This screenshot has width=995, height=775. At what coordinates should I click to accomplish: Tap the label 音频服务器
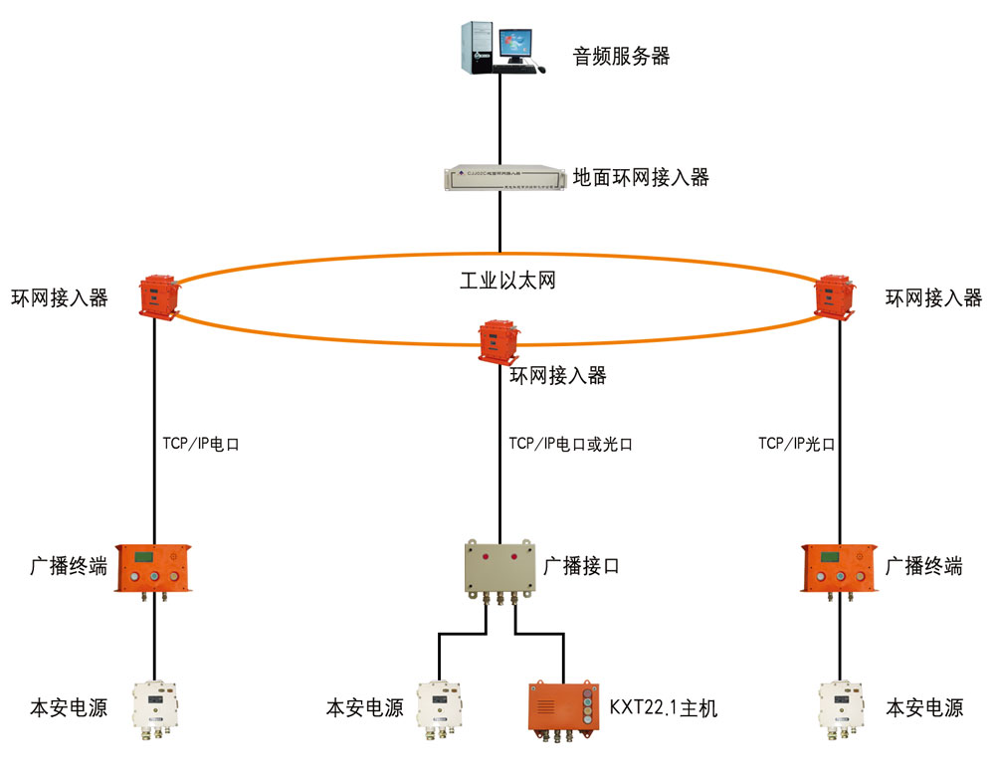pyautogui.click(x=621, y=56)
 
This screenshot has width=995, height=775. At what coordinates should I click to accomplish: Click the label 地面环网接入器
pyautogui.click(x=641, y=178)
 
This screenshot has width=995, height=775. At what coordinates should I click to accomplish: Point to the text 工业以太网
pyautogui.click(x=506, y=281)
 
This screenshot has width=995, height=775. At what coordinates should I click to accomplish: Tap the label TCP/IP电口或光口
pyautogui.click(x=569, y=444)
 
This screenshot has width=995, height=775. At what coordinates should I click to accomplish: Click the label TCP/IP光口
pyautogui.click(x=795, y=444)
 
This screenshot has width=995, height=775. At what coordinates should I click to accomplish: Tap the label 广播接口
pyautogui.click(x=581, y=567)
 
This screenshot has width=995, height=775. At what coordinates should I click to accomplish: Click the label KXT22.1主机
pyautogui.click(x=663, y=708)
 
